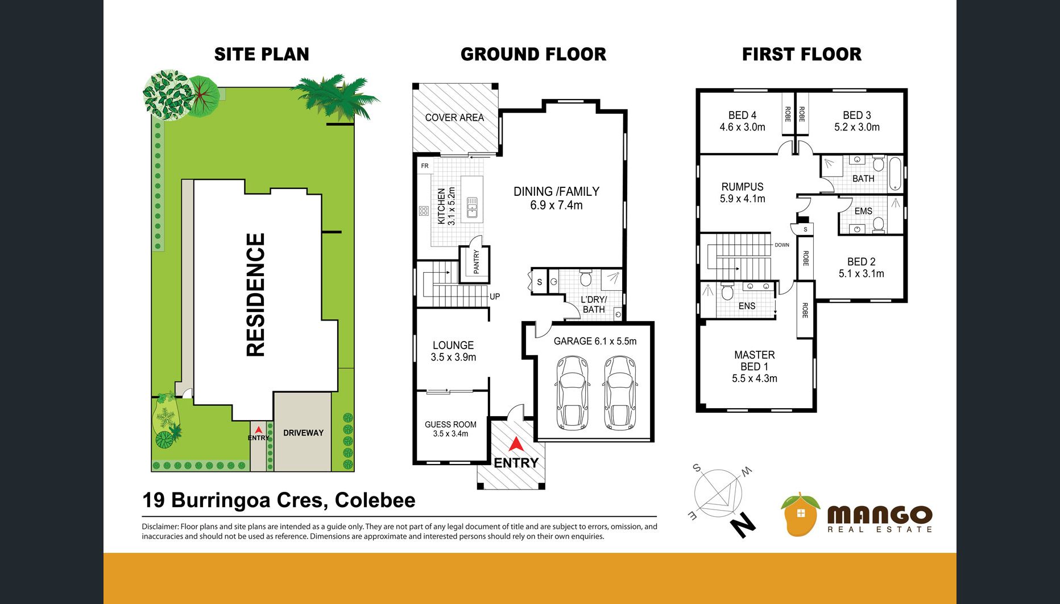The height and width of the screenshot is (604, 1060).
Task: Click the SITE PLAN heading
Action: point(262,54)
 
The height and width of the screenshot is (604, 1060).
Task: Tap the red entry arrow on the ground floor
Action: point(515,445)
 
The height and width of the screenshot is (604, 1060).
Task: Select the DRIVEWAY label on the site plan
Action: point(303,433)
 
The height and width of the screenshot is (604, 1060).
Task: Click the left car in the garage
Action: point(572,392)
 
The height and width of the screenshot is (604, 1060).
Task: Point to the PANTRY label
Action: point(477,262)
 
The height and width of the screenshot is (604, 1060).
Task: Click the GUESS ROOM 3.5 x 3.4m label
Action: point(450,429)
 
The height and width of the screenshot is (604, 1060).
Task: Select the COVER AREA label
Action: point(454,118)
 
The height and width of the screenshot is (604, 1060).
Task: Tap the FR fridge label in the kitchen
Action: point(425,166)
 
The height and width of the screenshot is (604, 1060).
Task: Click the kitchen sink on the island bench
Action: point(472,207)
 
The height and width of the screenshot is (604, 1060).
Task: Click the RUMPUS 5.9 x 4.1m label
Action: point(743,192)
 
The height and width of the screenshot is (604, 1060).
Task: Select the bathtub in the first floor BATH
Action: point(895,174)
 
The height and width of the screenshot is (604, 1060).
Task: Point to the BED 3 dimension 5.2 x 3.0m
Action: point(857,127)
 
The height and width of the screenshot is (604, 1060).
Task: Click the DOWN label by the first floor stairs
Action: point(782,245)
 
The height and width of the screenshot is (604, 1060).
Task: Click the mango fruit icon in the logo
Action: point(800,515)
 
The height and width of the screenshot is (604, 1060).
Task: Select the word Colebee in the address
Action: point(375,500)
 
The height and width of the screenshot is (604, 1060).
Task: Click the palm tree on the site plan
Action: point(335,96)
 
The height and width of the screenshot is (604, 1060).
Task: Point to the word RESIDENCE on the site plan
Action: point(256,295)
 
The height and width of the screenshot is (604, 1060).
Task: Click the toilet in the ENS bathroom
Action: point(727,292)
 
